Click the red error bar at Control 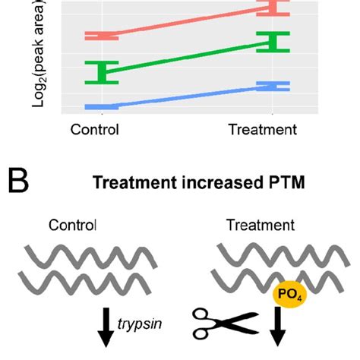click(101, 36)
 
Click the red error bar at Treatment click(273, 8)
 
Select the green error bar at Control click(101, 72)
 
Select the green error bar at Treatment click(273, 43)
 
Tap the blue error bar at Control click(101, 106)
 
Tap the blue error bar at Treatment click(273, 87)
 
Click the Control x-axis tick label click(95, 129)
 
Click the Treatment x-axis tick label click(263, 129)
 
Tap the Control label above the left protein click(73, 225)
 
